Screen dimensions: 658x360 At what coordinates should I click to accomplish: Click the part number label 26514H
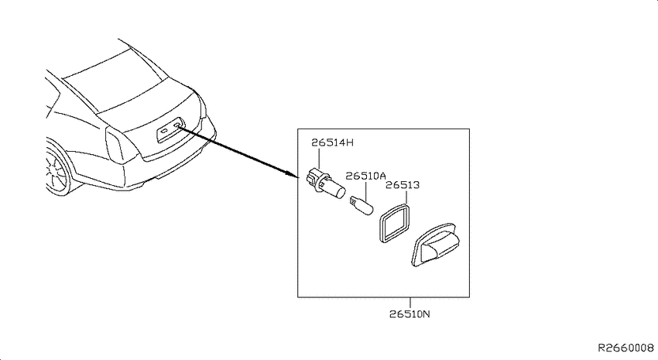(332, 142)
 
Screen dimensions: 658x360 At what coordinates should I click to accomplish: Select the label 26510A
(365, 176)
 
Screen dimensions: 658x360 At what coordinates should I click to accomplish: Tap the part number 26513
(403, 185)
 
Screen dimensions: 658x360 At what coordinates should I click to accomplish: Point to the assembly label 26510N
(410, 314)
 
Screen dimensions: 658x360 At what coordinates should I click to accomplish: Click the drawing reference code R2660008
(625, 348)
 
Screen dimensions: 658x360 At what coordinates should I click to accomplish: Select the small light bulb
(362, 206)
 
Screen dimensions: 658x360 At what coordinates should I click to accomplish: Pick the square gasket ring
(394, 223)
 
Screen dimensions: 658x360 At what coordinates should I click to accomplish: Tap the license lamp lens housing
(435, 245)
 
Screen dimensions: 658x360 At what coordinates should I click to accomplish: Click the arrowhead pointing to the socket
(293, 173)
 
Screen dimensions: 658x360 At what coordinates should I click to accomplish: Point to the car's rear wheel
(56, 170)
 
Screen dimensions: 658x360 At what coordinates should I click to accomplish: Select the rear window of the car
(111, 79)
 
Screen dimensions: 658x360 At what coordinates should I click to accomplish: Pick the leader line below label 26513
(406, 197)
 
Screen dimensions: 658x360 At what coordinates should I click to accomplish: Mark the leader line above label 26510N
(410, 303)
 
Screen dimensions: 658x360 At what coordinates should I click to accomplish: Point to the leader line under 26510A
(366, 191)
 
